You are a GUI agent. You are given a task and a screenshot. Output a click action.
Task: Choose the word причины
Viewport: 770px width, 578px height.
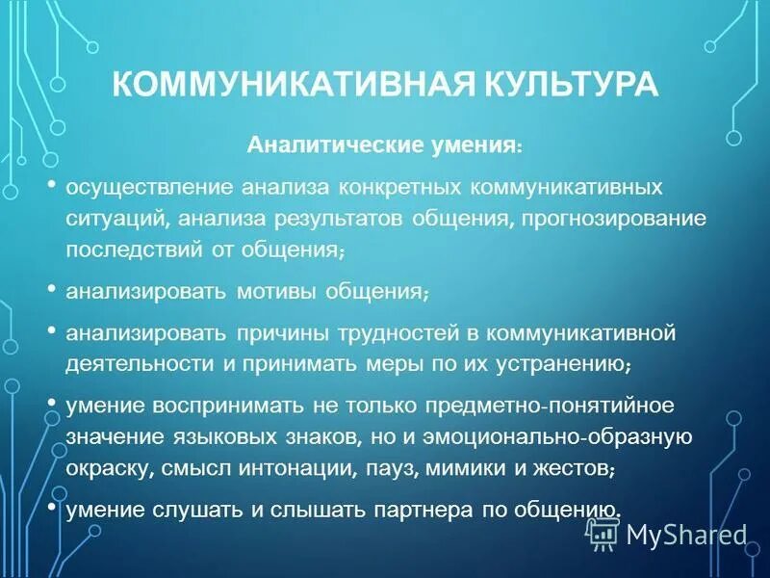tap(278, 333)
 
